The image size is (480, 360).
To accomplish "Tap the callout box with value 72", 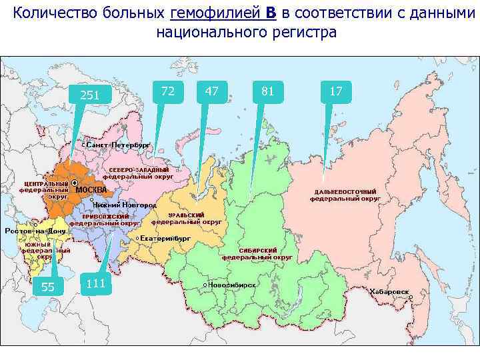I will [x=168, y=91].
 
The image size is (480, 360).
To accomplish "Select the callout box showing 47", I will [x=212, y=91].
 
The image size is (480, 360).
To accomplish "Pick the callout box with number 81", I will [x=268, y=91].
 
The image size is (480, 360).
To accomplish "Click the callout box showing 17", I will [x=336, y=91].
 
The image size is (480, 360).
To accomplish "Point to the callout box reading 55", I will [x=48, y=287].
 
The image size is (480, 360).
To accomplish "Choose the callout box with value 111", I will [x=96, y=283].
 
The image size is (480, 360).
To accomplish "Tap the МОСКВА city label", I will [x=91, y=189].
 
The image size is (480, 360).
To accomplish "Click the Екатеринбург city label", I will [x=165, y=238].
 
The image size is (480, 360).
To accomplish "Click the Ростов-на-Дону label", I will [x=35, y=231].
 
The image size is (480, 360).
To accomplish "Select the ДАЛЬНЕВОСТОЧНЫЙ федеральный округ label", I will [x=347, y=195].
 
